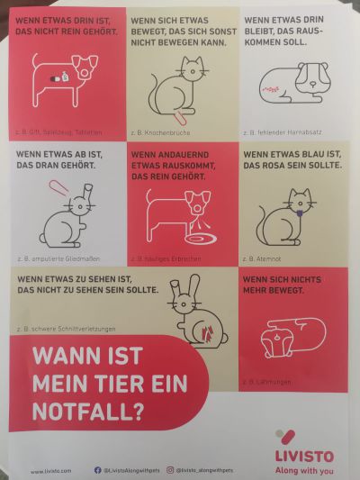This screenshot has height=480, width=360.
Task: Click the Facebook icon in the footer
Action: pos(97,470)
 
